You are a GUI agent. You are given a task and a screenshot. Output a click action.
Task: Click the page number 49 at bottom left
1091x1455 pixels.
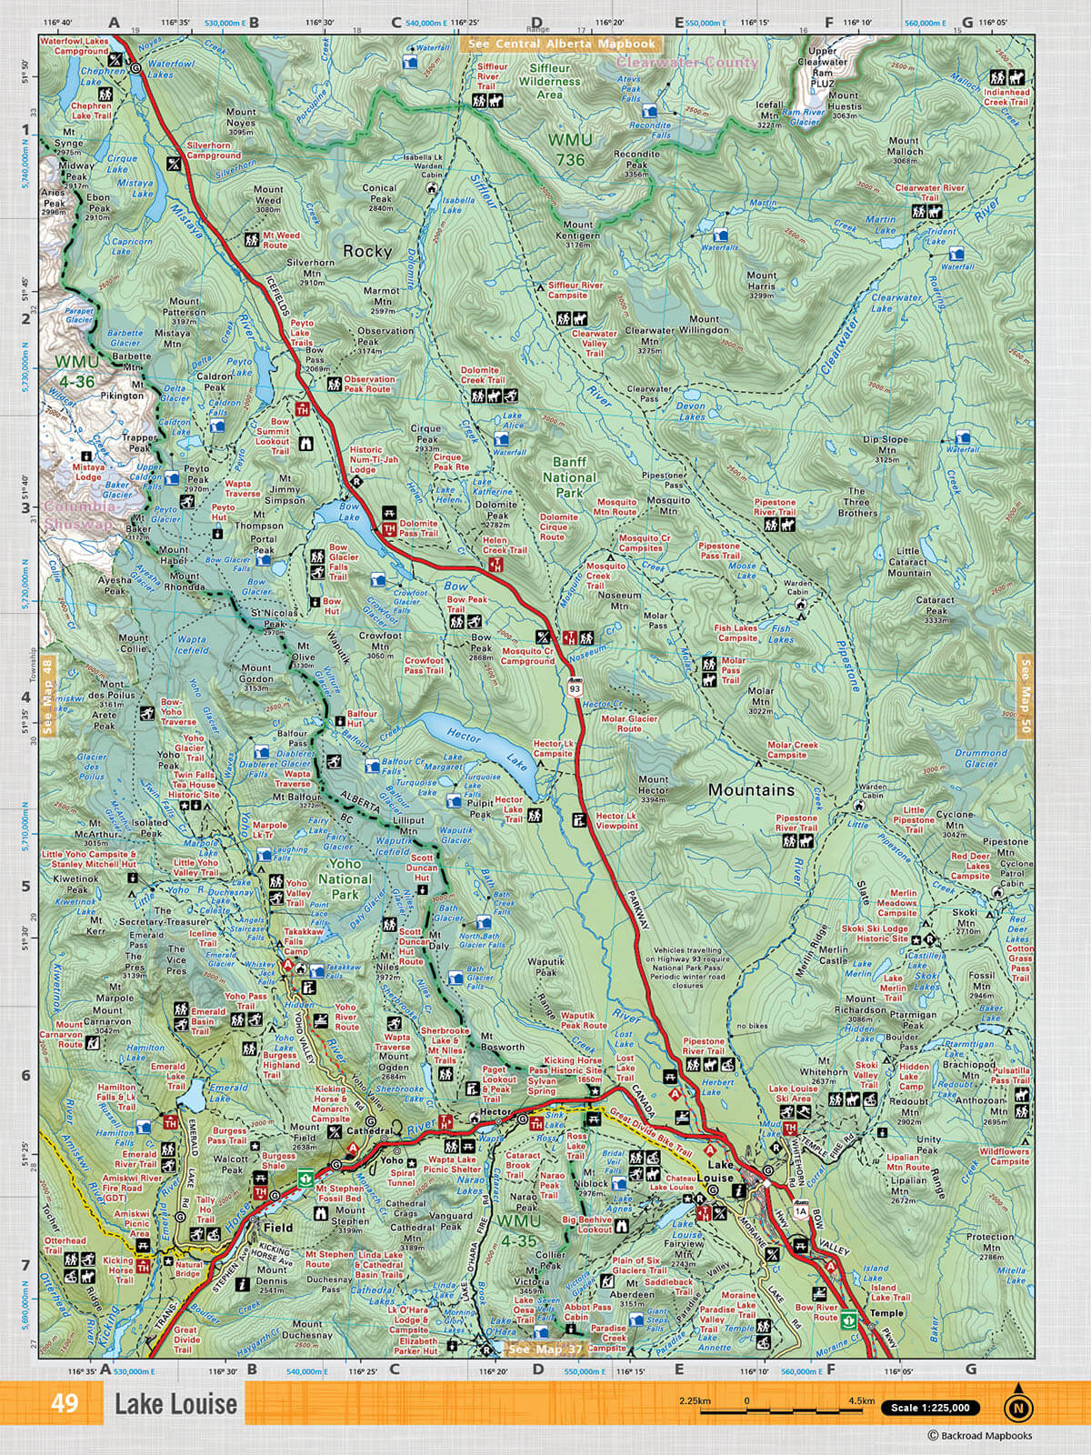click(65, 1403)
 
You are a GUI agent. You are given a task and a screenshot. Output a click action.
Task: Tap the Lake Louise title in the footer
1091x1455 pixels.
click(175, 1404)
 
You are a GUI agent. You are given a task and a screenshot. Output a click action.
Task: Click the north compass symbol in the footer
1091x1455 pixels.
click(1018, 1406)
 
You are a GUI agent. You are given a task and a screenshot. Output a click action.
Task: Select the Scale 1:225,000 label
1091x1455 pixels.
click(930, 1408)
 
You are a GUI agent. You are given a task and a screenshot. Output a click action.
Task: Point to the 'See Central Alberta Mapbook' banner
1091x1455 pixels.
click(562, 44)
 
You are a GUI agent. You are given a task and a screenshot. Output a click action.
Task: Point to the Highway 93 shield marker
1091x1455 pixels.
click(575, 687)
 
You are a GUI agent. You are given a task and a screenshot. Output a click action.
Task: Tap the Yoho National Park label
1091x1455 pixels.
click(345, 879)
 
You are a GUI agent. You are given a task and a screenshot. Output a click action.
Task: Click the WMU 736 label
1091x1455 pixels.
click(570, 150)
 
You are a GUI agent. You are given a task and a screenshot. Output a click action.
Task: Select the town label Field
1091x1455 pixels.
click(278, 1227)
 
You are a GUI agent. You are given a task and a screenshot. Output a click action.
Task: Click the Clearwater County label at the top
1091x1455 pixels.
click(686, 63)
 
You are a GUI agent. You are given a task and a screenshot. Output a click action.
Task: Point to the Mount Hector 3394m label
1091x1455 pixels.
click(653, 789)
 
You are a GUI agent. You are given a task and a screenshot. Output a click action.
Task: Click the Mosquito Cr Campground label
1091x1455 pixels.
click(528, 656)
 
